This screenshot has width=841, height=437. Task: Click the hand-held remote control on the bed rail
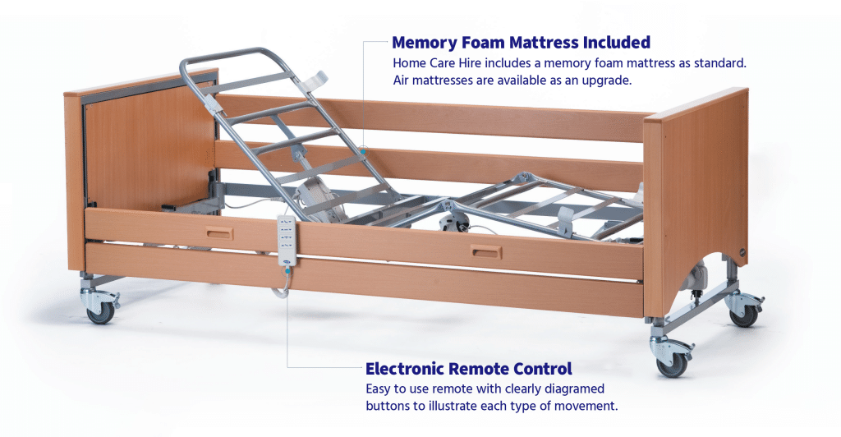pos(288,241)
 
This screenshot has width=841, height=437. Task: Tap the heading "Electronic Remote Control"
pos(468,368)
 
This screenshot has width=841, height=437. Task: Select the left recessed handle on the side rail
pos(220,235)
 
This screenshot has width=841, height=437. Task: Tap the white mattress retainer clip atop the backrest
pos(314,81)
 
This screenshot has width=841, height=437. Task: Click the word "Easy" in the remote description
pos(379,388)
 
